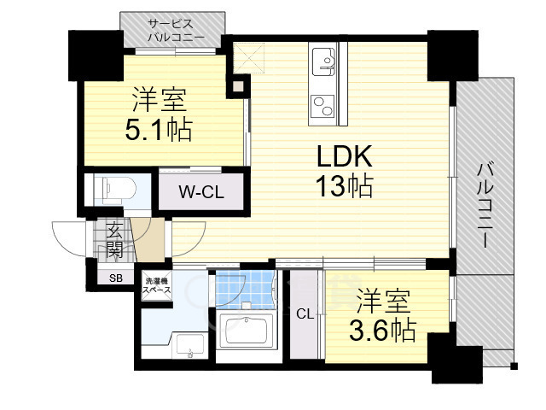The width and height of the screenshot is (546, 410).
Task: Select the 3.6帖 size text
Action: [382, 330]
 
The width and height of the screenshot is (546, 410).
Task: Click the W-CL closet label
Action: [201, 192]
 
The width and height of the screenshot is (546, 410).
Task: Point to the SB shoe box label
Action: [116, 278]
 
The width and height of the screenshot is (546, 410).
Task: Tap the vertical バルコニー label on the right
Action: [485, 205]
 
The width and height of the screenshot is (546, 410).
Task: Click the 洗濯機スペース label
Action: [158, 284]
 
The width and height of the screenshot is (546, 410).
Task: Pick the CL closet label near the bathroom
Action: [305, 314]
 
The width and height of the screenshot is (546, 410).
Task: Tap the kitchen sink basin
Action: [323, 61]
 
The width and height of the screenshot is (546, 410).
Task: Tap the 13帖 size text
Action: [344, 185]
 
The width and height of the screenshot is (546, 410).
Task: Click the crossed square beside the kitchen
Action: [248, 58]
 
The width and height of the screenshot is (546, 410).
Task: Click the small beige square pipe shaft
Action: [238, 85]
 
